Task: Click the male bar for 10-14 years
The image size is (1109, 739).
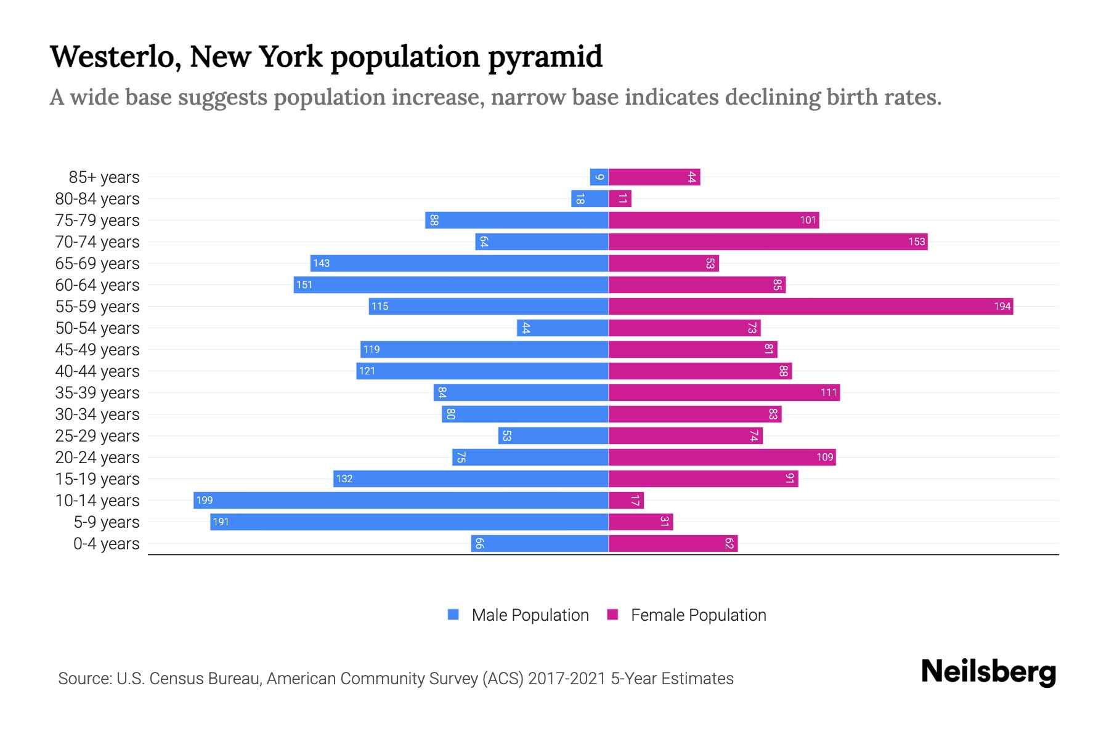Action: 400,500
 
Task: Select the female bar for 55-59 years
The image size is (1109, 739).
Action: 811,306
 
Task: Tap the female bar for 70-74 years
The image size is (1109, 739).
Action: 768,241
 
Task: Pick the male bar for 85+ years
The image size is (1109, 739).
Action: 599,177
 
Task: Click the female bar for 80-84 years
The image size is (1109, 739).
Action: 620,199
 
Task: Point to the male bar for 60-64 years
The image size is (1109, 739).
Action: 451,285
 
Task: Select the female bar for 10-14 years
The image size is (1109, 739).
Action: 626,500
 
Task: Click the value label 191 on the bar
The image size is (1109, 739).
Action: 221,522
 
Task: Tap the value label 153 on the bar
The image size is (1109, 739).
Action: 916,241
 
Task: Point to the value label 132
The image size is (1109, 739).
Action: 344,479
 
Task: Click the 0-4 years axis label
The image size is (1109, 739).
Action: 106,544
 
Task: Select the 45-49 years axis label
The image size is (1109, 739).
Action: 97,350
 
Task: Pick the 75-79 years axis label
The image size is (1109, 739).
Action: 97,220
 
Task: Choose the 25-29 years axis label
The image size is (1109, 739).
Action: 97,436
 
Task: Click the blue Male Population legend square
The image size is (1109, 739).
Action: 453,615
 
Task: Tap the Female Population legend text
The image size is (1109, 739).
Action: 698,615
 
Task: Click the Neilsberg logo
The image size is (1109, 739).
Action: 988,671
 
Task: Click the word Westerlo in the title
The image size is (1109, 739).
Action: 115,57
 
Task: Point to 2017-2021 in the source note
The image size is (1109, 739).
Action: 566,679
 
